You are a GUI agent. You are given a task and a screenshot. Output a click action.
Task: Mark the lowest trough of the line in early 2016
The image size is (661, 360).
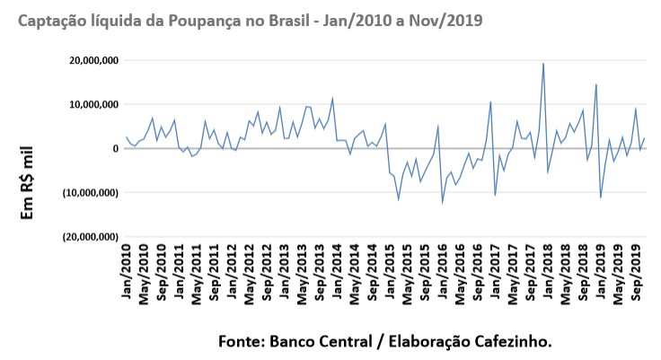point(443,202)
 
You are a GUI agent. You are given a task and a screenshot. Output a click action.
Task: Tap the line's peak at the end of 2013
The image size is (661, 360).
point(332,99)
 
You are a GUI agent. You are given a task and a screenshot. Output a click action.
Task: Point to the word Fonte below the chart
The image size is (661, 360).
point(240,342)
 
